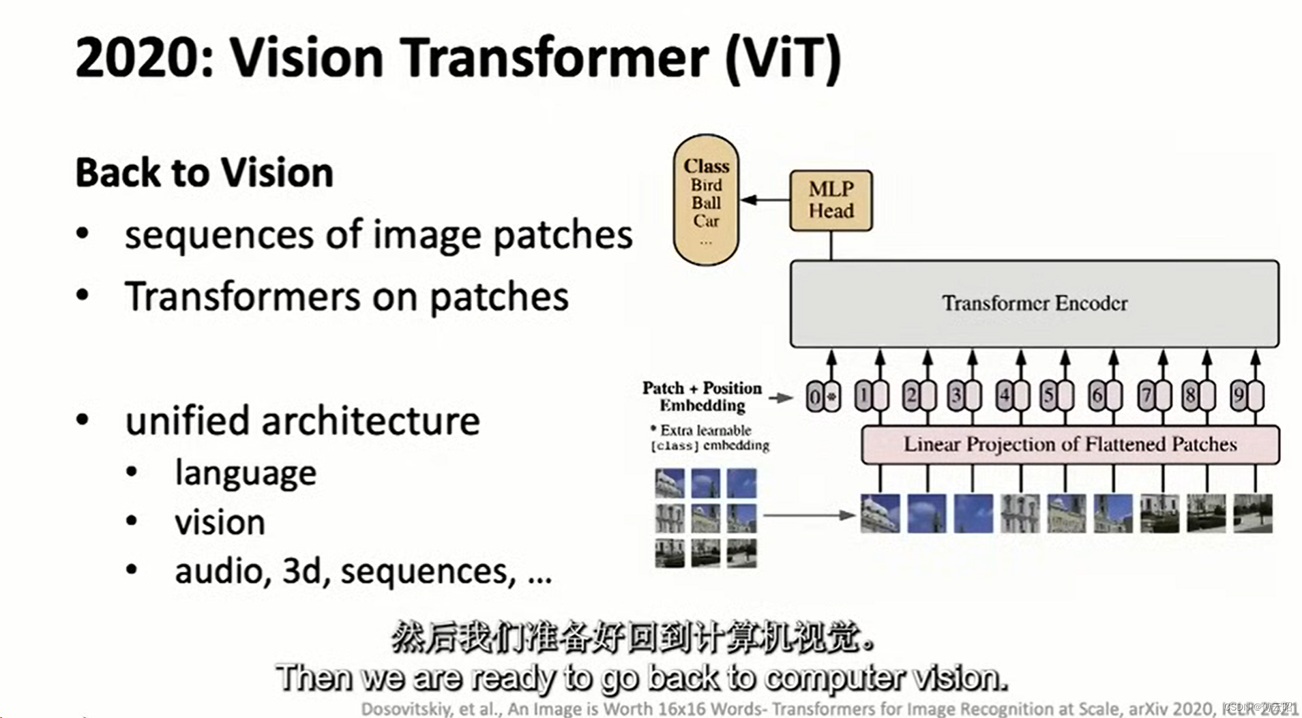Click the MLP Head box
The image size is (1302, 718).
pos(831,200)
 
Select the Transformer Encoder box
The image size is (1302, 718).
pos(1034,303)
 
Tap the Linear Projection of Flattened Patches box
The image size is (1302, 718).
pos(1069,445)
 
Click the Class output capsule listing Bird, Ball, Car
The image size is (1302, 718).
pos(706,199)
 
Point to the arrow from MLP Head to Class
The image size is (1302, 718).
pos(765,200)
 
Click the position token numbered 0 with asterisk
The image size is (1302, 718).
pos(823,396)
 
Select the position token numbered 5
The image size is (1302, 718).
pos(1056,395)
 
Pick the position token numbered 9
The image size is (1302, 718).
pos(1246,395)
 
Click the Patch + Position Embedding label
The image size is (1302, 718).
pos(702,396)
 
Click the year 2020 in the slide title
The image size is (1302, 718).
pos(143,57)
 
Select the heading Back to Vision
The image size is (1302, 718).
pos(204,173)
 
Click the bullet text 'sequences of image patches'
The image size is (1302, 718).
pos(378,235)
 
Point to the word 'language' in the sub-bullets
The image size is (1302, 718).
pos(246,473)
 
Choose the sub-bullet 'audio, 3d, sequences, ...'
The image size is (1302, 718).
pos(363,571)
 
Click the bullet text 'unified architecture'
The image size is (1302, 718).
pos(302,421)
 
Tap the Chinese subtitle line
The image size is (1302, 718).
pos(632,638)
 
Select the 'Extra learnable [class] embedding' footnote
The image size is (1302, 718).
pos(709,438)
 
